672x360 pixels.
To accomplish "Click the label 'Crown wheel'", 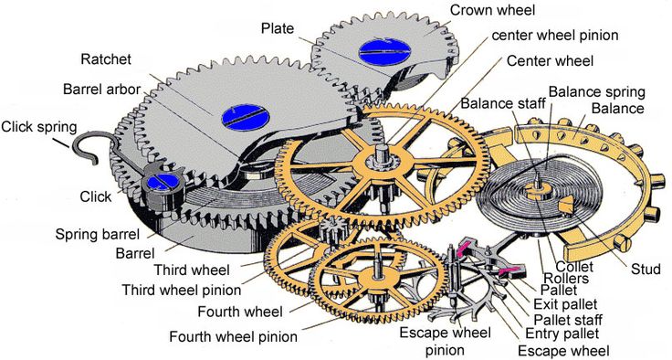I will pyautogui.click(x=493, y=9).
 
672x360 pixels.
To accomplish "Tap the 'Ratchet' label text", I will pyautogui.click(x=106, y=59).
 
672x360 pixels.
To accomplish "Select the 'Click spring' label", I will pyautogui.click(x=38, y=126).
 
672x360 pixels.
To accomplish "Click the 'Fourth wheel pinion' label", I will pyautogui.click(x=233, y=336).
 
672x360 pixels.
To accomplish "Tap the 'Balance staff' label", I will pyautogui.click(x=501, y=103).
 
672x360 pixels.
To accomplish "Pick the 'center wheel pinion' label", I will pyautogui.click(x=555, y=36).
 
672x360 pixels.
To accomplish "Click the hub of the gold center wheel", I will pyautogui.click(x=373, y=169).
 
